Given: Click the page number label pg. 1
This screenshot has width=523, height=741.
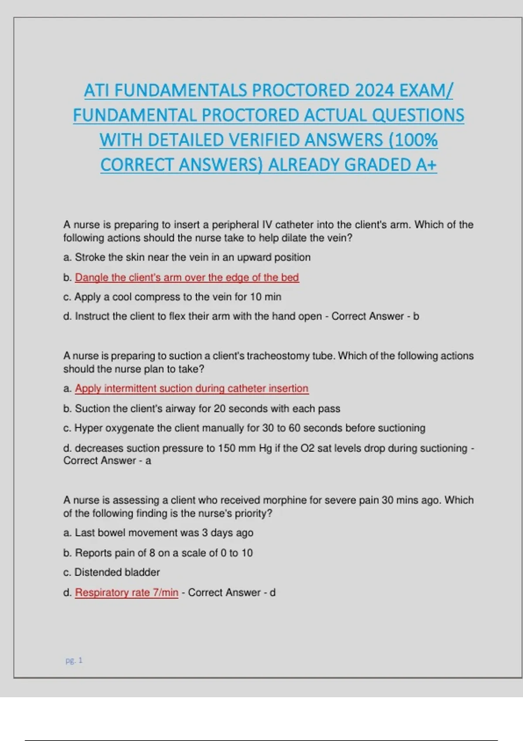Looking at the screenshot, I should pyautogui.click(x=74, y=660).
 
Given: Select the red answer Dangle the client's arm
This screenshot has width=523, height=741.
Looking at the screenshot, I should pyautogui.click(x=187, y=277).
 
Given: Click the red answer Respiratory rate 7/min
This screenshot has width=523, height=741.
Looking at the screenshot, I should pyautogui.click(x=126, y=592).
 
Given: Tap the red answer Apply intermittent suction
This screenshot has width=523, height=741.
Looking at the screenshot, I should pyautogui.click(x=192, y=388).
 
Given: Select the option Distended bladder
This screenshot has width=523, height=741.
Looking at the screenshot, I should pyautogui.click(x=117, y=572).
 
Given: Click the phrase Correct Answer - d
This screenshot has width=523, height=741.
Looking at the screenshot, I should pyautogui.click(x=231, y=592).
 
